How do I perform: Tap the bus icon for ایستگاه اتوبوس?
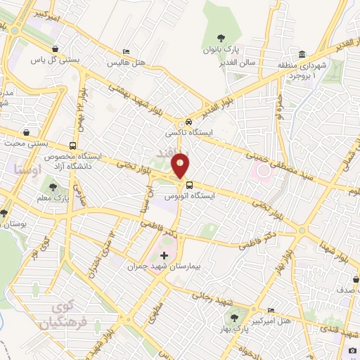[x=188, y=186]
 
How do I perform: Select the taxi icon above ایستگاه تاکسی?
[x=188, y=122]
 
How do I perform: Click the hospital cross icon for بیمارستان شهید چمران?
[x=165, y=255]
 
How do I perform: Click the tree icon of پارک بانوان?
[x=221, y=39]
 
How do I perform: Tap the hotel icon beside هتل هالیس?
[x=126, y=51]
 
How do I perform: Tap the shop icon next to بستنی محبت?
[x=27, y=131]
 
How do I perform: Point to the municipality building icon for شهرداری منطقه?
[x=302, y=55]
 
